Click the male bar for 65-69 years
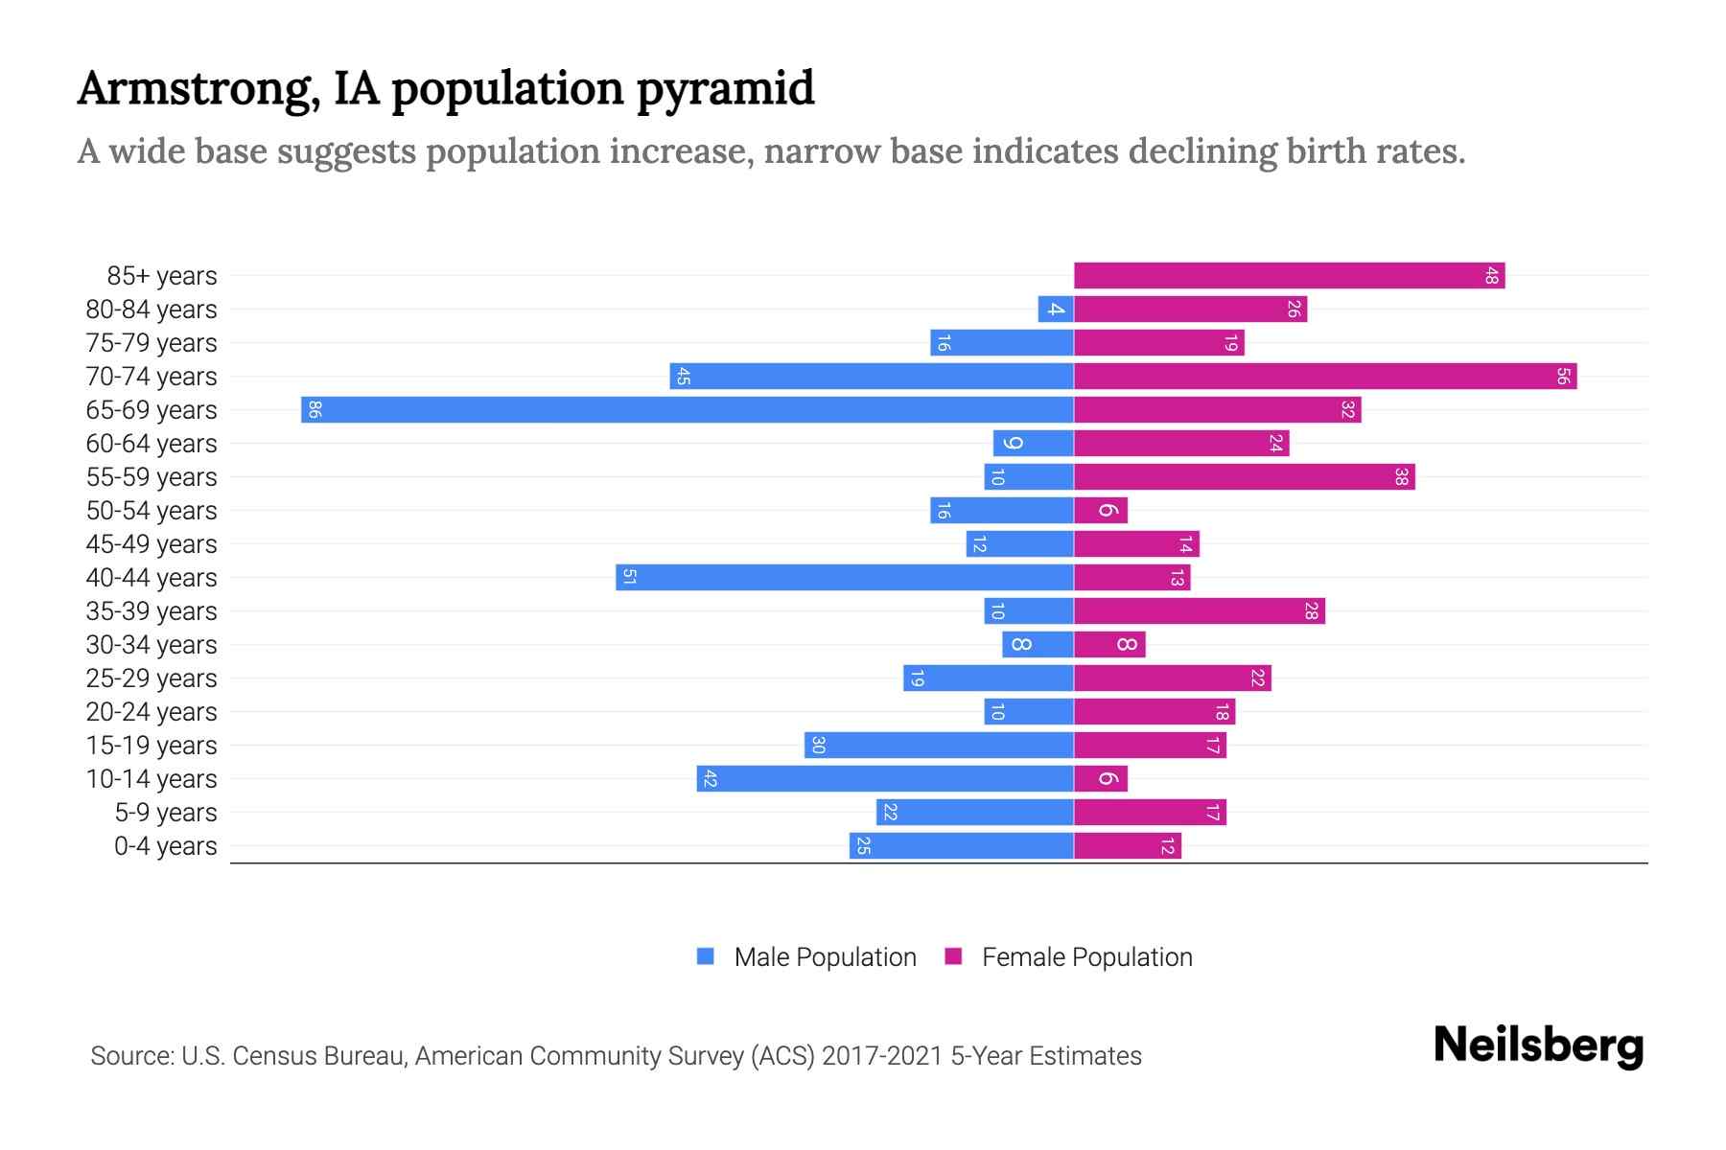[687, 410]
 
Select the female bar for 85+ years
[1289, 276]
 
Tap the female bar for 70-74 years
[1325, 377]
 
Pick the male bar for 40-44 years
[844, 578]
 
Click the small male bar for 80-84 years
[1055, 310]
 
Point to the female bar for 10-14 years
[1101, 779]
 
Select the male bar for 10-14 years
[884, 779]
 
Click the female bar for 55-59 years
[1244, 477]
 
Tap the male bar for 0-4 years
[961, 846]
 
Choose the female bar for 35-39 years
[1199, 611]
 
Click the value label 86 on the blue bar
[315, 410]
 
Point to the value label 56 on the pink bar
[1562, 377]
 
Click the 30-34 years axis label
[152, 645]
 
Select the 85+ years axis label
[161, 276]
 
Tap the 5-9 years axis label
[165, 813]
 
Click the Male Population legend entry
[807, 957]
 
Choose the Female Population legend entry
[1069, 957]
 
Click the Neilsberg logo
[1538, 1045]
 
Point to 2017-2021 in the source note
[881, 1056]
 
